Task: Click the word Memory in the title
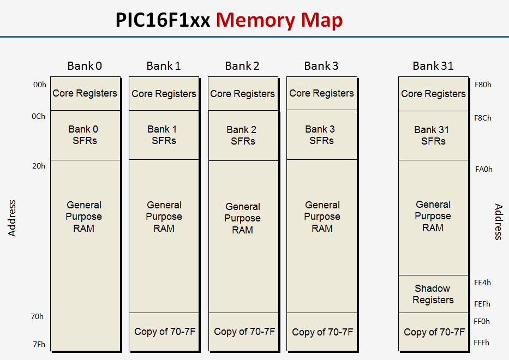(255, 20)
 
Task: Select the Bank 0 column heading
(85, 66)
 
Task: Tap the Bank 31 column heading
(433, 66)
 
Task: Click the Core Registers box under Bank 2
(243, 94)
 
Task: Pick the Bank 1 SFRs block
(164, 135)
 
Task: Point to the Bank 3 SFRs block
(321, 135)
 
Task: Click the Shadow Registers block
(433, 294)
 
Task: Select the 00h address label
(39, 85)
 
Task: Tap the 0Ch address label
(39, 116)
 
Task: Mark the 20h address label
(39, 166)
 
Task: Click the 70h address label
(38, 316)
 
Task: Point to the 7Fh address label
(38, 344)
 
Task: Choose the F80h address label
(483, 85)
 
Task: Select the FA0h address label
(483, 169)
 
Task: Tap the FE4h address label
(483, 283)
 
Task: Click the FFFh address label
(482, 343)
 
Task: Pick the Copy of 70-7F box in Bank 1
(164, 332)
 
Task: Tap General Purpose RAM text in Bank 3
(322, 217)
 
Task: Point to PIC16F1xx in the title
(163, 20)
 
